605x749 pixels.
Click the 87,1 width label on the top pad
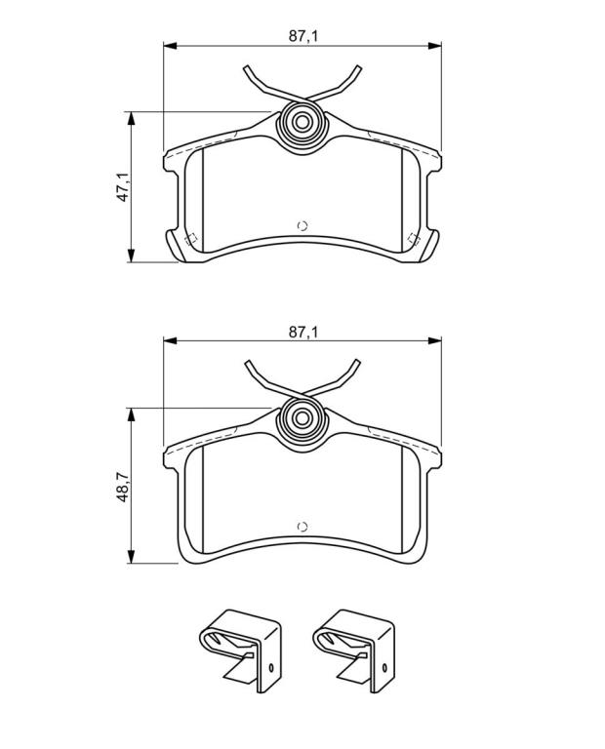(x=302, y=36)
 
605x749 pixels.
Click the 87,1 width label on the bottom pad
(x=302, y=332)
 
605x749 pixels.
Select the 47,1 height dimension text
(x=123, y=187)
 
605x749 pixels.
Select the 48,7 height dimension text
(x=123, y=487)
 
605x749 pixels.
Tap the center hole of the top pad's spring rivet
(x=302, y=122)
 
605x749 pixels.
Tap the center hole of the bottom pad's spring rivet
(x=302, y=418)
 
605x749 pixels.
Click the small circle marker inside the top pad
(x=302, y=226)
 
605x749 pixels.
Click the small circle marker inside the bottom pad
(x=302, y=527)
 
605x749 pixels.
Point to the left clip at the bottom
(x=240, y=650)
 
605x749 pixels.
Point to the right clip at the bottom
(x=353, y=650)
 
